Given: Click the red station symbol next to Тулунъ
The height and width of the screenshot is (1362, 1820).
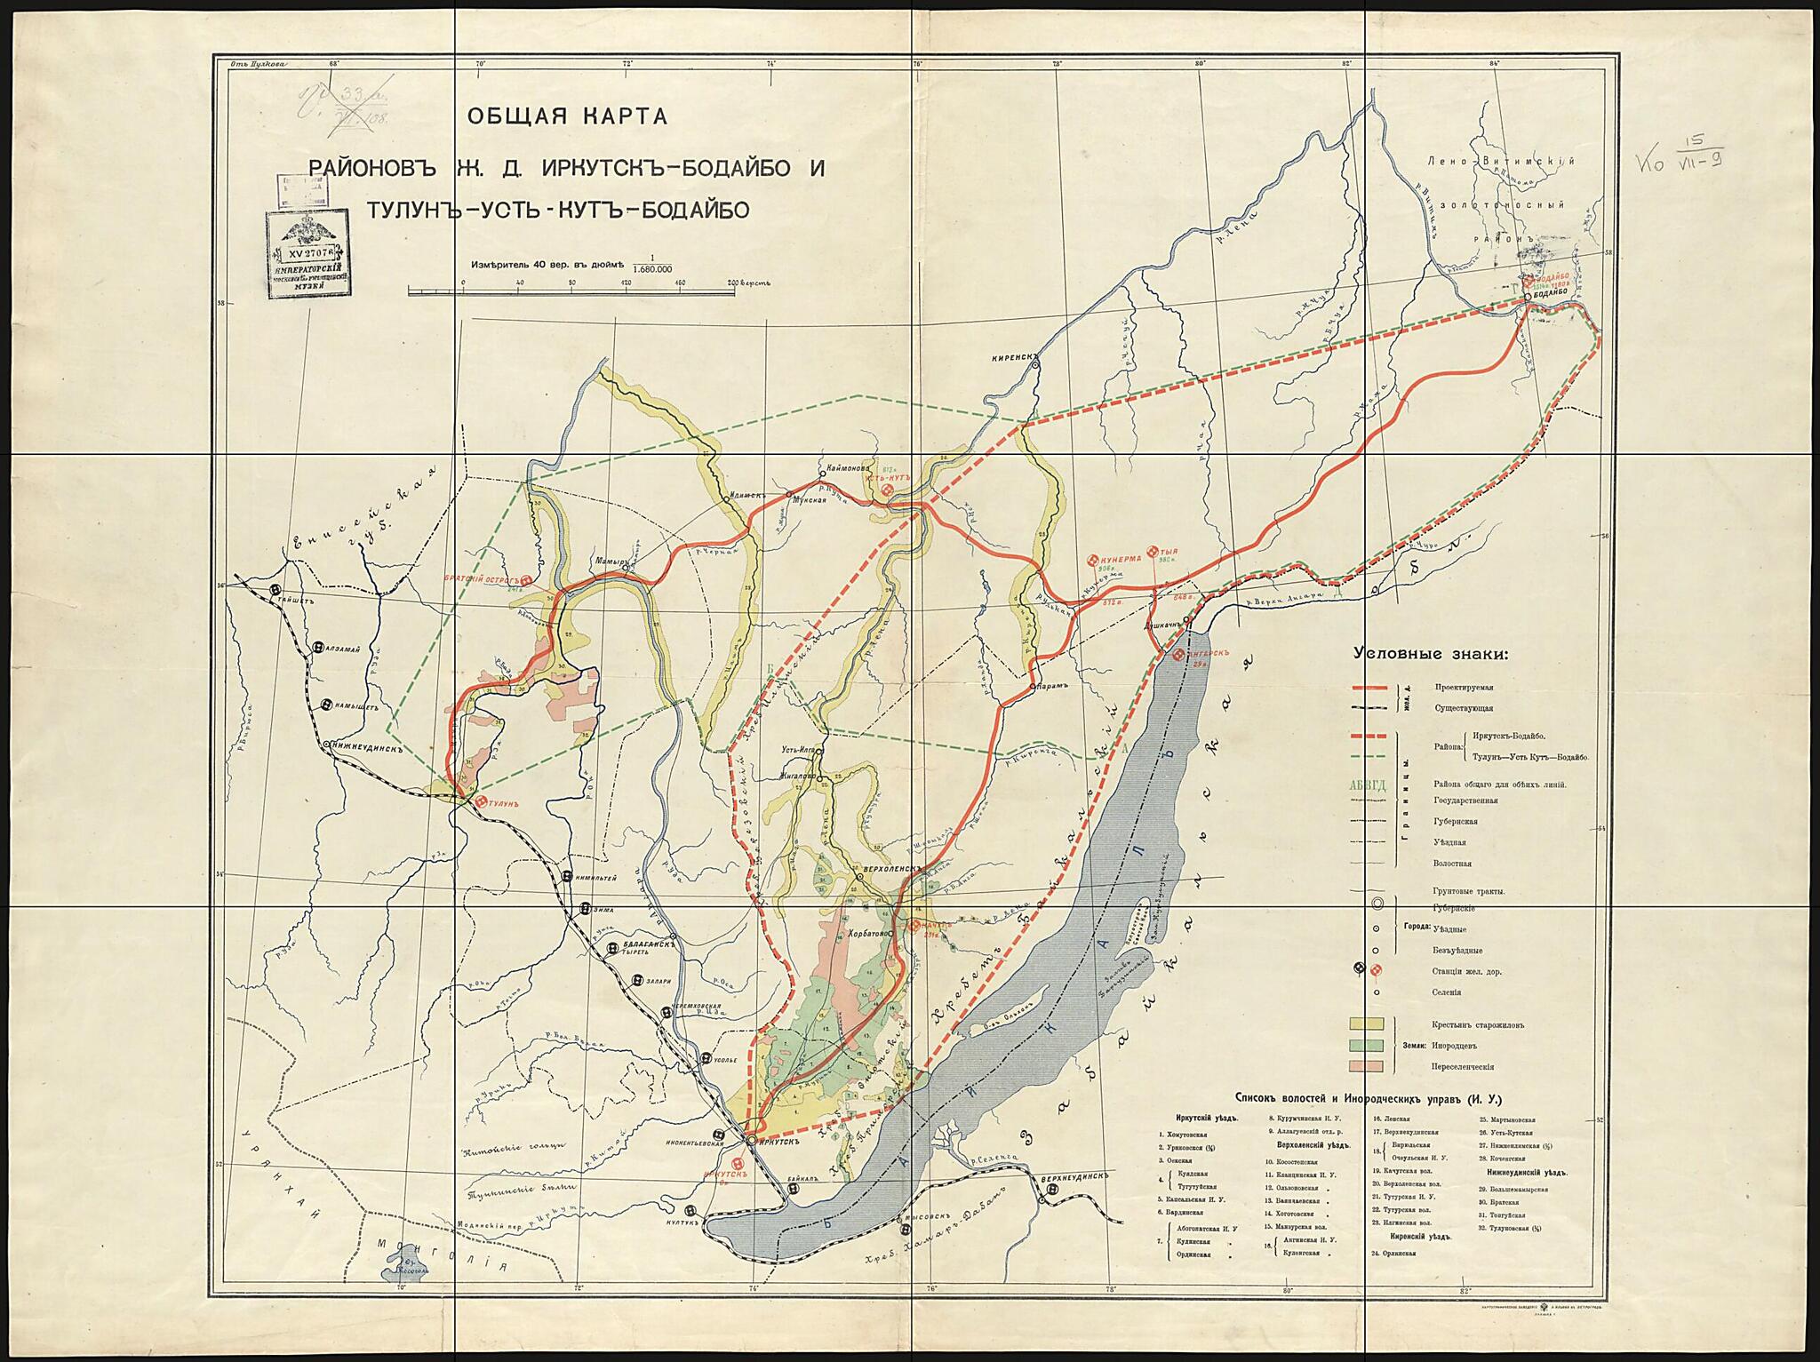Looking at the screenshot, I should pos(482,802).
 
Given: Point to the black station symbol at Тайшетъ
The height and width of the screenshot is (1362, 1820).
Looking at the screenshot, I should pos(276,589).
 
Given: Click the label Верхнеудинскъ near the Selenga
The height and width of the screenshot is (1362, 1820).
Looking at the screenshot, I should pos(1075,1176).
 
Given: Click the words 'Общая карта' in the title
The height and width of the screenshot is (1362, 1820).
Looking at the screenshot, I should pos(560,116).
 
